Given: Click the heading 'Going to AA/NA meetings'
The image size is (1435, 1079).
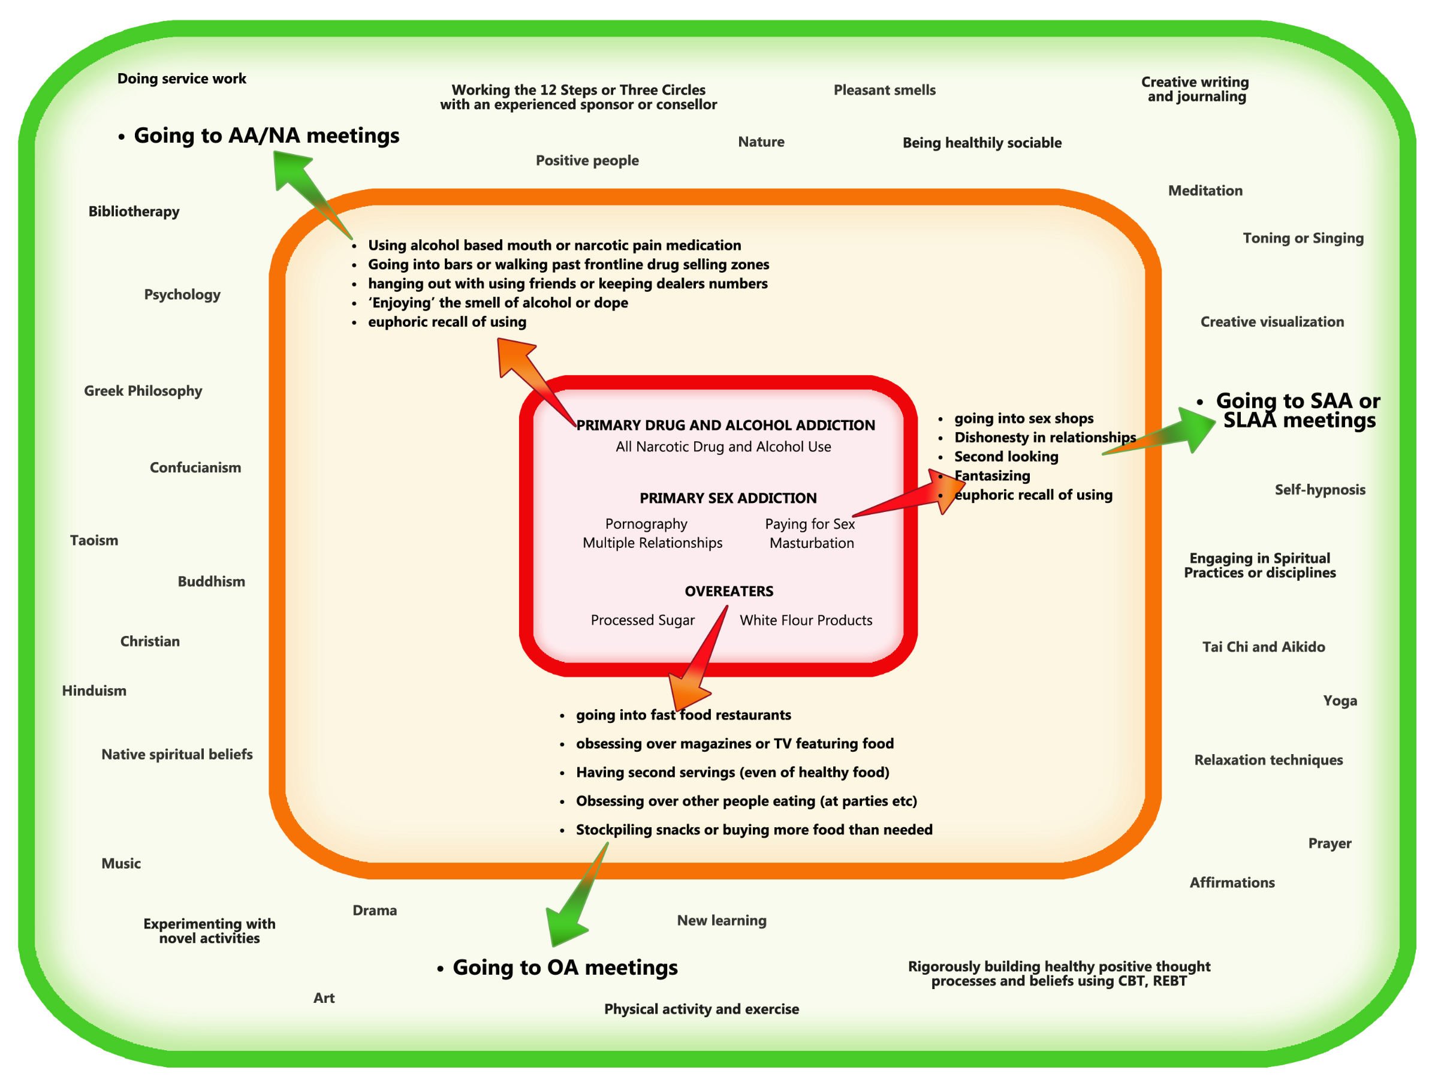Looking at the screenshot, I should tap(266, 135).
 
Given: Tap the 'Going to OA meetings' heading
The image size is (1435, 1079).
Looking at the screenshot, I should tap(565, 968).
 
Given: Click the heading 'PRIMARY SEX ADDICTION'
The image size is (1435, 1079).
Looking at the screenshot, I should tap(728, 498).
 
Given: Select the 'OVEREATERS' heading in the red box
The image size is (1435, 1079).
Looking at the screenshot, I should tap(728, 591).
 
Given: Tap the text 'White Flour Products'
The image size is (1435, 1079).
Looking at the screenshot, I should tap(806, 620).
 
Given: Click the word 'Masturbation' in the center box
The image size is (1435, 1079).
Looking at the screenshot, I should tap(812, 543).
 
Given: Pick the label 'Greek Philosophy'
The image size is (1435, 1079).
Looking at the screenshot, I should tap(143, 391).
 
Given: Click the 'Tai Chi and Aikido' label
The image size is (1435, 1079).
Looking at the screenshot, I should tap(1263, 647).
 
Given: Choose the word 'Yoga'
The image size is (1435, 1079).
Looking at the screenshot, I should tap(1340, 701).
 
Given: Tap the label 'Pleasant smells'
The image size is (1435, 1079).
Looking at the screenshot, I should tap(884, 90).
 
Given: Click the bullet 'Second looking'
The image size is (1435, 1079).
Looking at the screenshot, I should tap(1006, 457).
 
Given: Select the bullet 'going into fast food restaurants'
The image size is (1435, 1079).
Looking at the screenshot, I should tap(683, 715).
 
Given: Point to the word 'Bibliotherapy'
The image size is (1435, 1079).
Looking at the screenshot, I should tap(134, 212).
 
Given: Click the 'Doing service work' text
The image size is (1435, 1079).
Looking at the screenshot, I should tap(182, 79).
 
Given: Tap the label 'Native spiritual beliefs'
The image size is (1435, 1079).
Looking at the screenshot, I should tap(176, 755).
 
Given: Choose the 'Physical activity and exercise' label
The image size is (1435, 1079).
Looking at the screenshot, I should tap(701, 1009).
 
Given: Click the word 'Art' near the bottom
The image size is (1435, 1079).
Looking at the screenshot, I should tap(324, 998).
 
